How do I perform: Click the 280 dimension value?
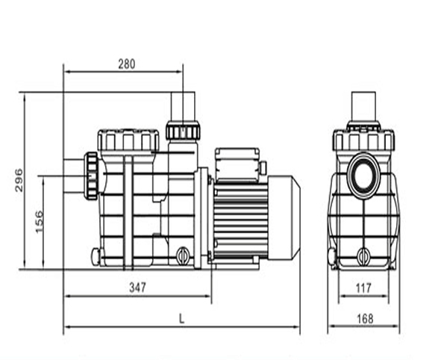[x=127, y=64]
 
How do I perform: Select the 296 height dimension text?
[x=19, y=180]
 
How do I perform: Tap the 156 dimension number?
[x=39, y=222]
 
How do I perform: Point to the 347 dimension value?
[x=138, y=288]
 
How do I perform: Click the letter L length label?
[x=181, y=318]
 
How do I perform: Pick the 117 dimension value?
[x=363, y=288]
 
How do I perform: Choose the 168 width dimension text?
[x=365, y=319]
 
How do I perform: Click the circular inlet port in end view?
[x=363, y=176]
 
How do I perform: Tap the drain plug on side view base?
[x=182, y=255]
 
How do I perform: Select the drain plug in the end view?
[x=363, y=255]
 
